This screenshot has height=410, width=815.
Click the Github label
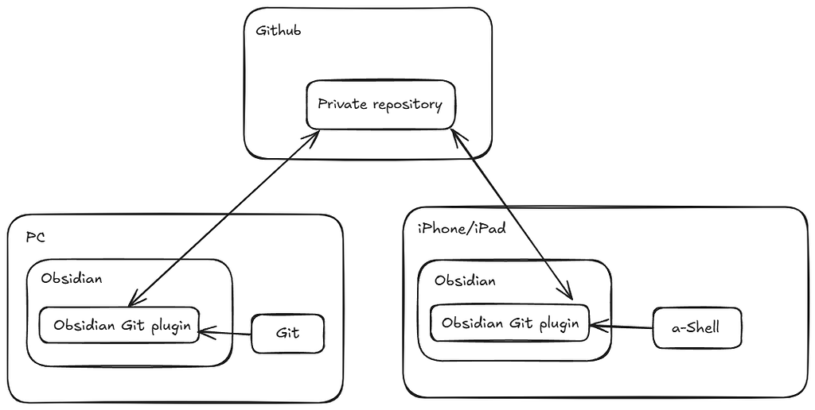[278, 32]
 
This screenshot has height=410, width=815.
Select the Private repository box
[380, 104]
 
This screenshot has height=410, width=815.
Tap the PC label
[34, 238]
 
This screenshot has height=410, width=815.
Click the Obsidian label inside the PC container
[72, 279]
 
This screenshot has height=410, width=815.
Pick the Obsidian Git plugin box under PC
[119, 325]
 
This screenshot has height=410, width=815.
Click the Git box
[287, 333]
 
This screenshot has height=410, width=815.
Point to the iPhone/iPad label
[462, 229]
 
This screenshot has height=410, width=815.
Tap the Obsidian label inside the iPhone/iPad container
[465, 280]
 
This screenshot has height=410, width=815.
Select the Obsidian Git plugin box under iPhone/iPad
[509, 323]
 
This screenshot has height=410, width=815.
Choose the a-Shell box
[696, 327]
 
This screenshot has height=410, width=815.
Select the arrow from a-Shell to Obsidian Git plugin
[621, 326]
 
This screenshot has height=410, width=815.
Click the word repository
[404, 104]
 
